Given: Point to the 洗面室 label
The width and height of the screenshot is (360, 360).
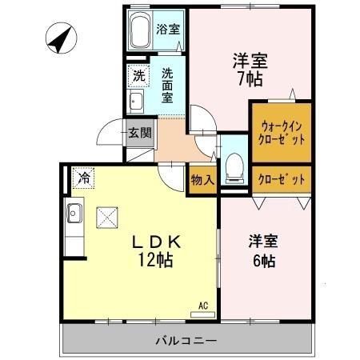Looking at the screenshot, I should tap(168, 85).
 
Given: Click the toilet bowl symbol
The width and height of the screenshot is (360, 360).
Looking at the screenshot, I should tap(234, 166).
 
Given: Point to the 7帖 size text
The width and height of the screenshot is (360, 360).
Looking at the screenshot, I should tap(250, 79).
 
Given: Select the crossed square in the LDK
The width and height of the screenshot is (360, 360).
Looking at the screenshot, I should tap(106, 217).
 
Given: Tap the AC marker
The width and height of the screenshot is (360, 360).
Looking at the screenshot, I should tap(203, 305).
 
